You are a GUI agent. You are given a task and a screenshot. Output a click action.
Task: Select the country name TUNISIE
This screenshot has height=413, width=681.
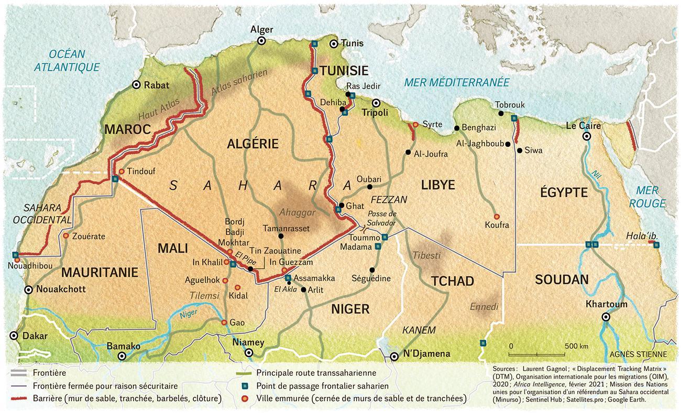[344, 71]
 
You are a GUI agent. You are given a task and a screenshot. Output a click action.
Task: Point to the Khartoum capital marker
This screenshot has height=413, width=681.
[606, 317]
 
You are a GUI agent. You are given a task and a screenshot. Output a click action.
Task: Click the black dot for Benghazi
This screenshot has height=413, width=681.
[456, 128]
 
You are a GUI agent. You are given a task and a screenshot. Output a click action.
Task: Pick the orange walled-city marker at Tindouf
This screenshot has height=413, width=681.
[122, 171]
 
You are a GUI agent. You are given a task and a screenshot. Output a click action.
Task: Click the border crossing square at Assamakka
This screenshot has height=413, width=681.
[288, 277]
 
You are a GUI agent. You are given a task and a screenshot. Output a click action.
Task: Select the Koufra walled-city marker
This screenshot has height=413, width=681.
[496, 216]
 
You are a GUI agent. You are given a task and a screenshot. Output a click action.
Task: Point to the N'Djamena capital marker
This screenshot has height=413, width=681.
[394, 357]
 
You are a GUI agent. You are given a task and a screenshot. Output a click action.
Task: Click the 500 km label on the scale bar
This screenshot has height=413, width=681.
[576, 346]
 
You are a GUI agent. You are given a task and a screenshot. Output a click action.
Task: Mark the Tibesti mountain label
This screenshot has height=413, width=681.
[427, 255]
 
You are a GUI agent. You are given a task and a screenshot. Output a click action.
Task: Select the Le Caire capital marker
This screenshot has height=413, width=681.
[587, 136]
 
